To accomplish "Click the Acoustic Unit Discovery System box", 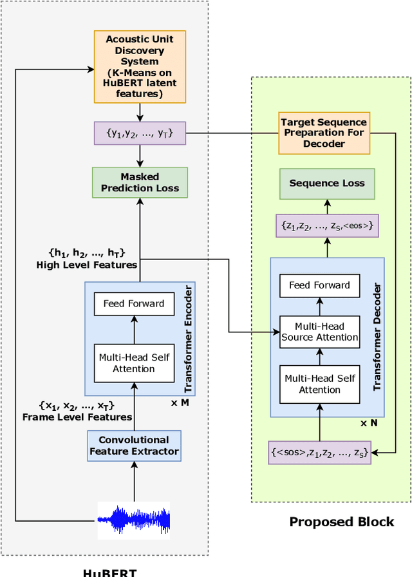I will pos(140,67).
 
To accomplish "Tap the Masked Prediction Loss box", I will pos(140,182).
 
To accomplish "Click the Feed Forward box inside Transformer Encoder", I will pos(134,303).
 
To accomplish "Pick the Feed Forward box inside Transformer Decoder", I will pos(319,285).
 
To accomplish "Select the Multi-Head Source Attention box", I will pos(319,332).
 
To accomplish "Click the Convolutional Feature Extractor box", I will pos(134,446).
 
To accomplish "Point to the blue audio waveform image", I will pos(134,518).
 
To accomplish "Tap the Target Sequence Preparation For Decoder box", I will pos(324,133).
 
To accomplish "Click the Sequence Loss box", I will pos(327,184).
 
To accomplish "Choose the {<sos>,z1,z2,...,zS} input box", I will pos(320,452).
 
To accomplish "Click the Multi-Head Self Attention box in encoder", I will pos(134,363).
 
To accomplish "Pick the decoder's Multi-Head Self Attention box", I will pos(319,384).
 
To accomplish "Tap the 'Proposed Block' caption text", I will pos(341,522).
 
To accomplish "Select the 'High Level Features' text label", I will pos(86,265).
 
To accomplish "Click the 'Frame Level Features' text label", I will pos(77,417).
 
